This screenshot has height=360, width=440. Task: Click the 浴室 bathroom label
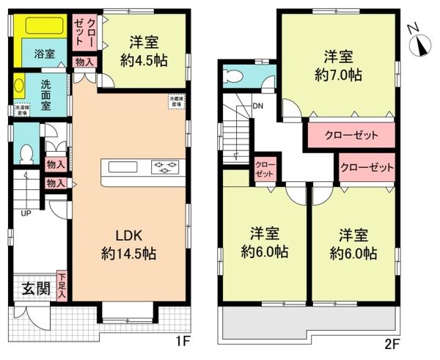coord(44,54)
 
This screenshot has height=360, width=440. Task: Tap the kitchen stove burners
coord(164,166)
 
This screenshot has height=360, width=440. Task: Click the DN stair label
coord(257,106)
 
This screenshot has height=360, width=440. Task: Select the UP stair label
coord(26,214)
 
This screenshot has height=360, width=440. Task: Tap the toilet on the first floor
coord(26,153)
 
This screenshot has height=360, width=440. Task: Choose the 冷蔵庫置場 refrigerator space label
coord(176,102)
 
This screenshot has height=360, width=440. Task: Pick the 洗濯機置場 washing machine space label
coord(23,111)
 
